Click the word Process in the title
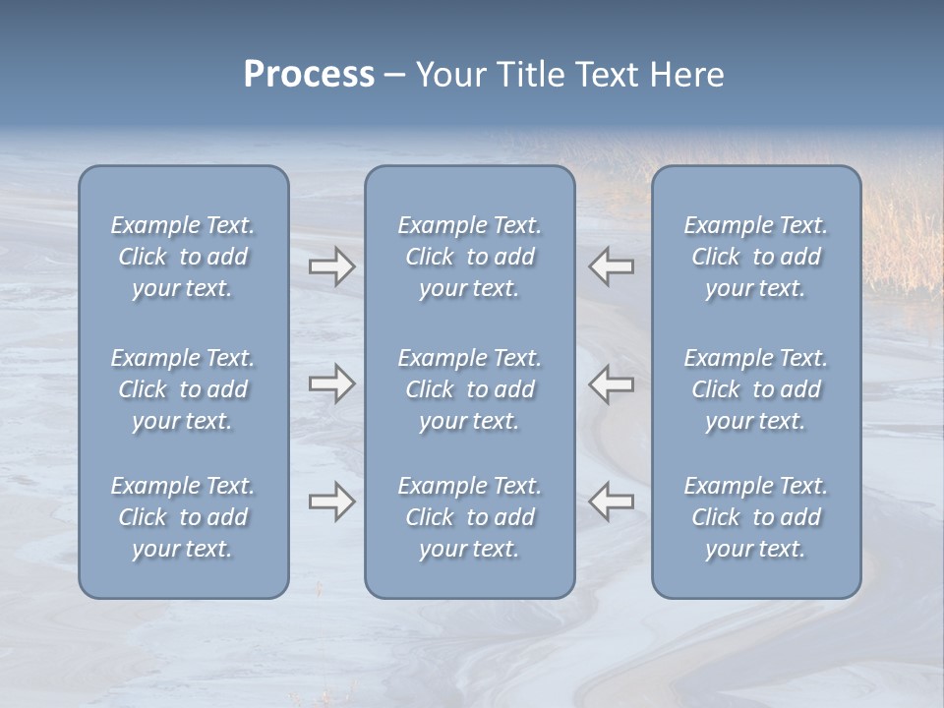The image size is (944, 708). tap(309, 75)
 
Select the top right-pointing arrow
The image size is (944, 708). tap(331, 266)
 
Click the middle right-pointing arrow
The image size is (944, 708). tap(331, 383)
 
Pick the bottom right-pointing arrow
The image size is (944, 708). tap(331, 501)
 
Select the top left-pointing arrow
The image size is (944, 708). tap(611, 266)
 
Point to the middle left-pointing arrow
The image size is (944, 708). tap(611, 383)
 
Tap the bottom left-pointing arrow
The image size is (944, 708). tap(611, 501)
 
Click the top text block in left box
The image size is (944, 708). tap(183, 257)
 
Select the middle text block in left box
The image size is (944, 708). tap(183, 389)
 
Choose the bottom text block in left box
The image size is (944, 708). tap(183, 517)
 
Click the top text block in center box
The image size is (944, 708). tap(470, 257)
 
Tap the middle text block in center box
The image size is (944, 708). tap(470, 389)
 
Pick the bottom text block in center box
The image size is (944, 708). tap(470, 517)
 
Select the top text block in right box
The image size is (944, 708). tap(756, 257)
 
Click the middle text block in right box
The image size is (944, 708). tap(756, 389)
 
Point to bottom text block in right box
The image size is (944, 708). tap(756, 517)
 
